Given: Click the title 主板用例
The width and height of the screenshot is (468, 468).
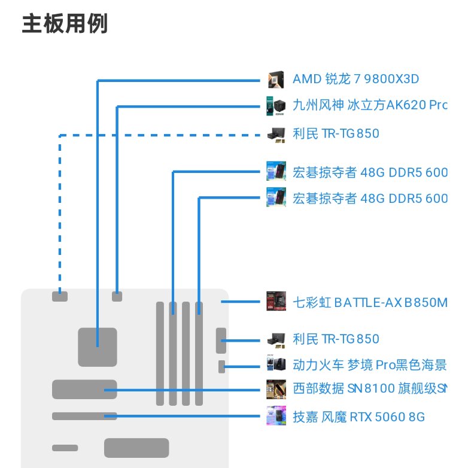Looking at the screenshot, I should [65, 25].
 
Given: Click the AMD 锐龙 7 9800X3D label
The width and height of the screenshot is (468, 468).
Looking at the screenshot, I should [355, 79].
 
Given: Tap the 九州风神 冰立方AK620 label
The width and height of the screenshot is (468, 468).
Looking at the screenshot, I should [369, 106].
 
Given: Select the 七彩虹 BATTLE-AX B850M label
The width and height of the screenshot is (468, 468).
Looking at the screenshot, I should [369, 302].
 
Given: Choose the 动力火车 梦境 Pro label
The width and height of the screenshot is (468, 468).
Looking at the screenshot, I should [369, 364].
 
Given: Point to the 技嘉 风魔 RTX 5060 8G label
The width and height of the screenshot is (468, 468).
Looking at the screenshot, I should [358, 417].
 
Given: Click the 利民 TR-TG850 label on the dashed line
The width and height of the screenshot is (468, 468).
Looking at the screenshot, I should [336, 133].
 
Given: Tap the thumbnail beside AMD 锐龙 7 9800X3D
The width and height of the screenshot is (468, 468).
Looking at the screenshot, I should [275, 79].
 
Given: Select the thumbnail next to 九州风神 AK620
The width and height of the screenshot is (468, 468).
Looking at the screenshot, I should [273, 106].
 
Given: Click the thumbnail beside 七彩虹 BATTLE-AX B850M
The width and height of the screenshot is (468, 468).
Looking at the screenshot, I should [273, 301].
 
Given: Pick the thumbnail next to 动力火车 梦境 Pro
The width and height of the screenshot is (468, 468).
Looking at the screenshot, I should [273, 364].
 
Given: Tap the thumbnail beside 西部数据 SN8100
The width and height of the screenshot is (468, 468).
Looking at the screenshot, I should [273, 388].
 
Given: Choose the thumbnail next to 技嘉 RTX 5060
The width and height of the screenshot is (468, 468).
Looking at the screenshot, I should [273, 416].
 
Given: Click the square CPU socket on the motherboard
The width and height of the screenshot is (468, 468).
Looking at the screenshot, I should [98, 347].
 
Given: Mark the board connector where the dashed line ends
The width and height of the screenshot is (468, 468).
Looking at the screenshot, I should [60, 296].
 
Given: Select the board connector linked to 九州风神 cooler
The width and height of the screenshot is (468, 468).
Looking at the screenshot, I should [117, 296].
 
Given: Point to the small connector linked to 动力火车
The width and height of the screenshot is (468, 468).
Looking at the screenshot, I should [222, 366].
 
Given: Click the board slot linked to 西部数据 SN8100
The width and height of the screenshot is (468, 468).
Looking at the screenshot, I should [84, 389].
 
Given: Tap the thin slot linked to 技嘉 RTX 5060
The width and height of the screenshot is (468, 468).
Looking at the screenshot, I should [84, 416].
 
